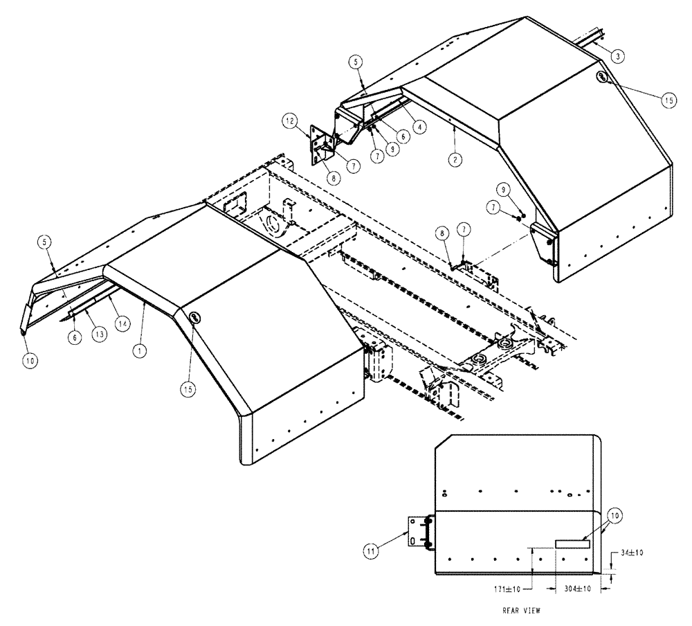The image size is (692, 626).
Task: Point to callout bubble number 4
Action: pyautogui.click(x=420, y=127)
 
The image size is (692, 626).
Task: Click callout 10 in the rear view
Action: pyautogui.click(x=616, y=516)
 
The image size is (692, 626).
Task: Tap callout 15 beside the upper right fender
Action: pyautogui.click(x=668, y=100)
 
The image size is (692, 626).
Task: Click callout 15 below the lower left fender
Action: pyautogui.click(x=188, y=389)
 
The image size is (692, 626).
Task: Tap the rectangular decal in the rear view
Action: pyautogui.click(x=572, y=545)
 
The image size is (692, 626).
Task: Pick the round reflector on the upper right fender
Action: pyautogui.click(x=603, y=77)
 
